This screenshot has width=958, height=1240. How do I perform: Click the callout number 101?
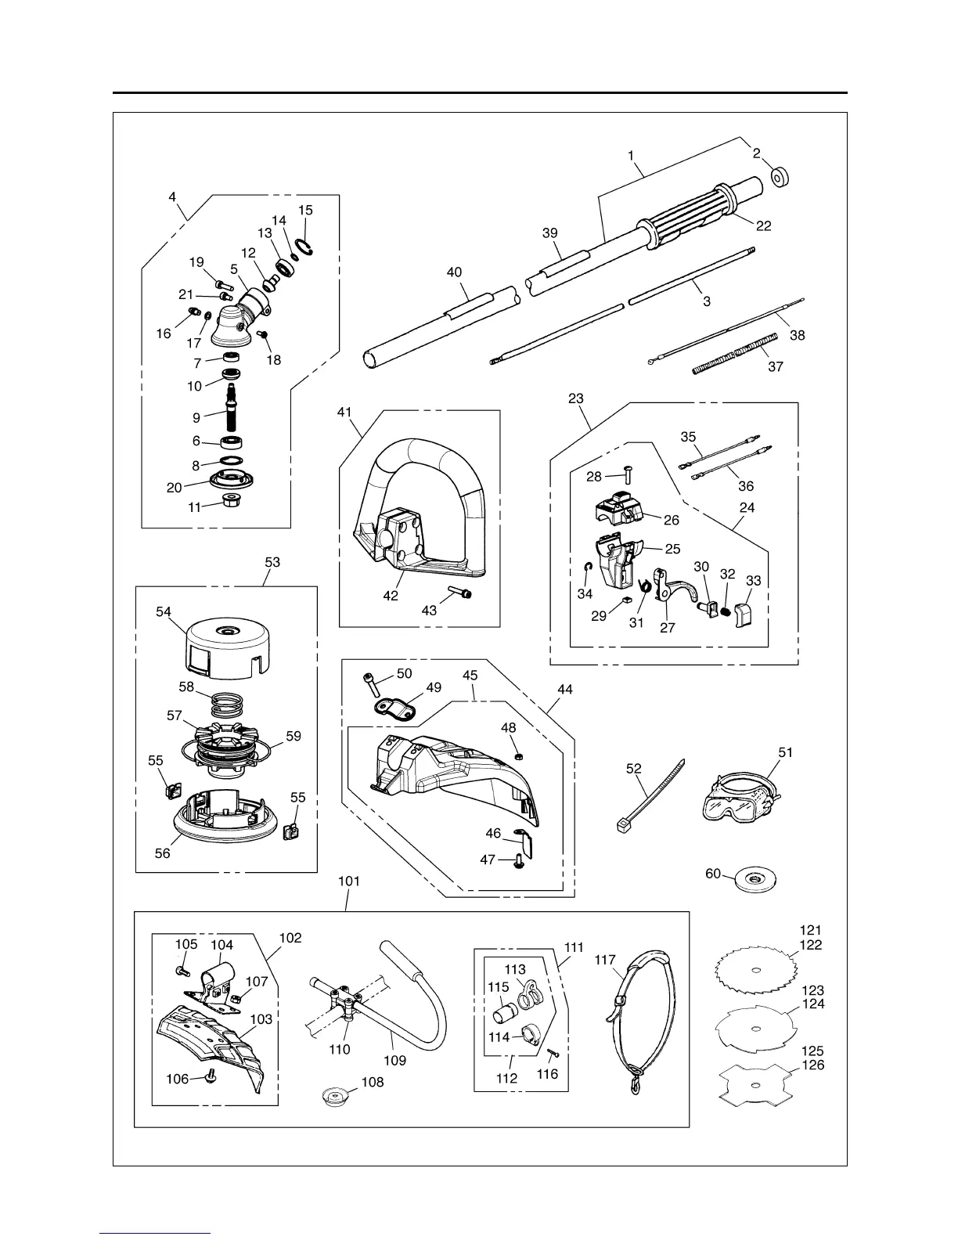click(x=349, y=881)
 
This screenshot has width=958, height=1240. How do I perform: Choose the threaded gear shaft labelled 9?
click(x=232, y=407)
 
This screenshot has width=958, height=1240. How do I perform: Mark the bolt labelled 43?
click(x=461, y=594)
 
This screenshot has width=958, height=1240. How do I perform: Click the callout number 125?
click(x=812, y=1051)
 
